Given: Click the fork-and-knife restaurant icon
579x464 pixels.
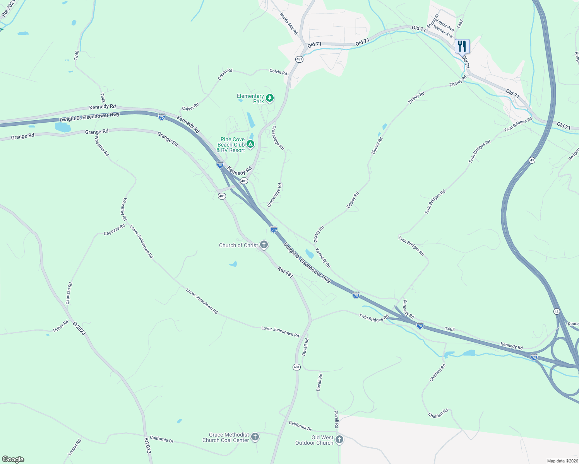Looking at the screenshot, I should (462, 46).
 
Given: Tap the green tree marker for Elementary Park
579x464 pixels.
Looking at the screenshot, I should (270, 98).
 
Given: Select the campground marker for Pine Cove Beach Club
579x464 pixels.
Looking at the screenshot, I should (251, 144).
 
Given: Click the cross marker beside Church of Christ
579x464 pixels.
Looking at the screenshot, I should (264, 244).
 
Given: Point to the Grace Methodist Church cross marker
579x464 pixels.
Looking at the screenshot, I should (255, 437).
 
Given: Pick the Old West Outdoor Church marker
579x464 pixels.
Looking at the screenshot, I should (339, 440).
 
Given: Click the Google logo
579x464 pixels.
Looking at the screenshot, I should (13, 459).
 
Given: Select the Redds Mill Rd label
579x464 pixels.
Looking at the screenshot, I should (289, 24).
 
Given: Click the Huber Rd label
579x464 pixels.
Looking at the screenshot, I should (61, 326).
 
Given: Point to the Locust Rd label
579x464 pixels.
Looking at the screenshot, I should (74, 447).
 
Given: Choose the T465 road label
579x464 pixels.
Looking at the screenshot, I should (450, 329).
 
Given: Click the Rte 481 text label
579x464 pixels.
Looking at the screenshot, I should (285, 272).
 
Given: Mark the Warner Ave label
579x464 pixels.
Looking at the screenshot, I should (443, 32).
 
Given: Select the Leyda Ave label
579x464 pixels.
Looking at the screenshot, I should (445, 26).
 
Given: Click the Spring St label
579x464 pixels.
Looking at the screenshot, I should (433, 21).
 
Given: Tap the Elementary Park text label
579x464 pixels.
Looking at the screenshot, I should (250, 99).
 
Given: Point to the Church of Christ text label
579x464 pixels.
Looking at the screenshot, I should (238, 245).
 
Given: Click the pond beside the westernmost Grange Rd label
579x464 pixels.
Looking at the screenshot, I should (63, 127).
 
